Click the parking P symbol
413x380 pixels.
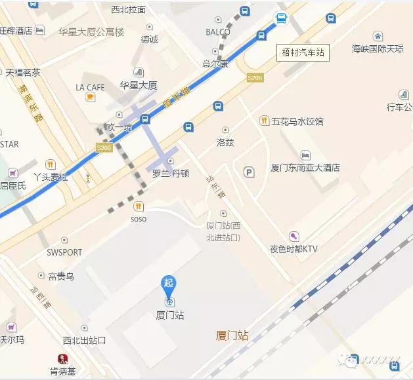(249, 172)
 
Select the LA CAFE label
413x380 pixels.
(90, 87)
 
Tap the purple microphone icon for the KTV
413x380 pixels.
(293, 236)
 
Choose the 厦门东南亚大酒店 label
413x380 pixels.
(305, 168)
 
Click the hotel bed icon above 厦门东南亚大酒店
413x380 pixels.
(305, 155)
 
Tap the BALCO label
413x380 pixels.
(218, 31)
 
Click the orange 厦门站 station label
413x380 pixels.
(232, 336)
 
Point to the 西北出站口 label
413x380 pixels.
(84, 340)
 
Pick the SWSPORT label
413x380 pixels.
(64, 252)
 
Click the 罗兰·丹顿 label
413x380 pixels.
(171, 174)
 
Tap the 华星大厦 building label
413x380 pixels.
(139, 85)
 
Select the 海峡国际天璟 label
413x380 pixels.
(378, 48)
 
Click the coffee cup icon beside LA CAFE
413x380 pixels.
(90, 98)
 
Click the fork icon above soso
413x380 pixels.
(139, 206)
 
